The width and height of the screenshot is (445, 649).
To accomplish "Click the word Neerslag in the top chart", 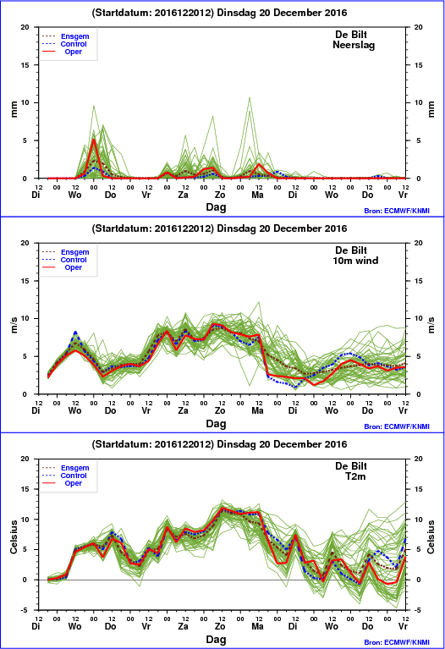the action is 354,45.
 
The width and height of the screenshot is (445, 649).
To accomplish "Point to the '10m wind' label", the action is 355,261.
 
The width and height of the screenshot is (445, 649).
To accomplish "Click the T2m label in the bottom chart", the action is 355,476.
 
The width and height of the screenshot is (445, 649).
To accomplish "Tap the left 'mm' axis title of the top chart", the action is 14,109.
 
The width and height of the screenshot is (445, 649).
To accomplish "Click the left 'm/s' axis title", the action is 14,325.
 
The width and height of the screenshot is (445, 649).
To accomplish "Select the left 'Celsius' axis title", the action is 14,536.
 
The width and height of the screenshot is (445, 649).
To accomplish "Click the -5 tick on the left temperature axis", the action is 25,610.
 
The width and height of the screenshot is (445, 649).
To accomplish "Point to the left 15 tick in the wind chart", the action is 25,281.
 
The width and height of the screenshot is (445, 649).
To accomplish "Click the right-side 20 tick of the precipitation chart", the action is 419,27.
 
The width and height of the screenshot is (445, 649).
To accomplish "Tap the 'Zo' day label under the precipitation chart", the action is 220,195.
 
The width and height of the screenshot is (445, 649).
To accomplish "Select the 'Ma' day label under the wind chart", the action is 257,410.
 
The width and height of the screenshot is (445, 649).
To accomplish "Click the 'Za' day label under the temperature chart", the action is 183,626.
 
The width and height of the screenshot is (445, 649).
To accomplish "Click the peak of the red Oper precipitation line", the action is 94,140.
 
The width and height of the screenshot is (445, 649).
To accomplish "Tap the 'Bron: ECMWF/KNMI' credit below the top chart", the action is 397,211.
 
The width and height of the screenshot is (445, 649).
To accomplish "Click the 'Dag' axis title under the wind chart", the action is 216,423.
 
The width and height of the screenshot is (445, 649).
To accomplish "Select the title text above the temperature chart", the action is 219,444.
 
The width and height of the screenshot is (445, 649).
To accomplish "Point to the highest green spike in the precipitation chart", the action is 250,97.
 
